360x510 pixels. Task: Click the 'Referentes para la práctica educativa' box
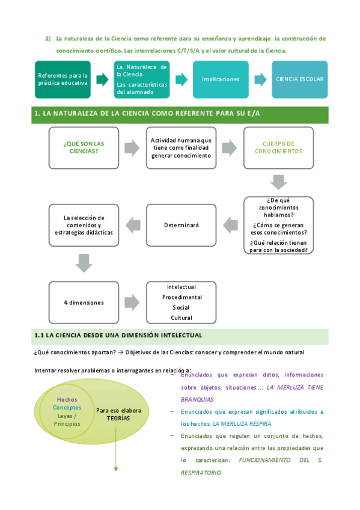63,79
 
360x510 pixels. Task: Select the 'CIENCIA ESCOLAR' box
299,79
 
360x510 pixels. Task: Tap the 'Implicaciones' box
221,79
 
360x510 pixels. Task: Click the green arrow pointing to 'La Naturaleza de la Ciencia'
102,79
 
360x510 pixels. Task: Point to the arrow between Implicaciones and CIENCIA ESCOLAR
260,79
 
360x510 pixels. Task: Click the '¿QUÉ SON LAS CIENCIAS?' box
84,147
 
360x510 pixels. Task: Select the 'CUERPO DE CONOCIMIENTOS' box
278,147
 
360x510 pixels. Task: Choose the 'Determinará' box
181,225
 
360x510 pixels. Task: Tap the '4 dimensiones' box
84,303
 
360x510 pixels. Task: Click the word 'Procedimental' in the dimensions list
182,297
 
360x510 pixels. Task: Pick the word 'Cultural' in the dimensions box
182,318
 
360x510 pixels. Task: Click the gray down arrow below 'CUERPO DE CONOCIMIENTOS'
278,182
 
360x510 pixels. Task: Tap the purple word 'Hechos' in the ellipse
67,399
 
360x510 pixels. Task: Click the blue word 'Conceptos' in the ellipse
67,408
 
